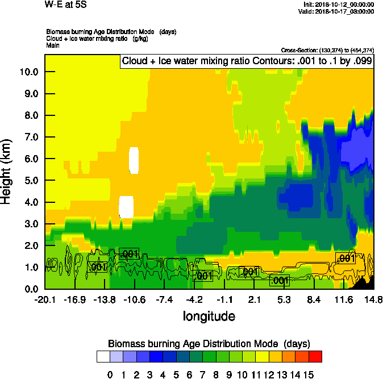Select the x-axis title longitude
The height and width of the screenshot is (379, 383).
pyautogui.click(x=209, y=315)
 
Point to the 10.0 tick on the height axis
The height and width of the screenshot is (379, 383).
pyautogui.click(x=28, y=72)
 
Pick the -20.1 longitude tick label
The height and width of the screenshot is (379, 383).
pyautogui.click(x=45, y=299)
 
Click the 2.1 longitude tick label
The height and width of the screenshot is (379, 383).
pyautogui.click(x=254, y=299)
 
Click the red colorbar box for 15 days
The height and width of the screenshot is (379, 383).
pyautogui.click(x=315, y=356)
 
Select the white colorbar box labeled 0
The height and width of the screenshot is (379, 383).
pyautogui.click(x=103, y=356)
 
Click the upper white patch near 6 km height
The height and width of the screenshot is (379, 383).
pyautogui.click(x=134, y=160)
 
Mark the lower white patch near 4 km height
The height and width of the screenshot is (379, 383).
pyautogui.click(x=126, y=207)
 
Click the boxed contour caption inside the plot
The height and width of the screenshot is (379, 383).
pyautogui.click(x=246, y=62)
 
